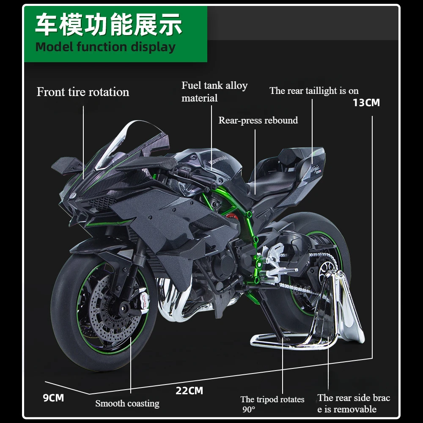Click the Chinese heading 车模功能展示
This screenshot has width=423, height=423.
[109, 25]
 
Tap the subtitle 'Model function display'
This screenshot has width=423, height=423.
[105, 47]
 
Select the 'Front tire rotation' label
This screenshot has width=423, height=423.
[83, 92]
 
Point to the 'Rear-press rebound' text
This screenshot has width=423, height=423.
[258, 120]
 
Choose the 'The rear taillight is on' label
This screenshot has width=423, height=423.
[314, 91]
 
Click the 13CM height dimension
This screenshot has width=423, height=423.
[366, 102]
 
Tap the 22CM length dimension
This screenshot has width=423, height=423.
[189, 390]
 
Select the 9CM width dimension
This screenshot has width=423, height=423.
[53, 398]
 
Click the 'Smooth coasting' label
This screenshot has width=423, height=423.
[127, 404]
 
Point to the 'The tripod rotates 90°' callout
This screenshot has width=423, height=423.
[272, 404]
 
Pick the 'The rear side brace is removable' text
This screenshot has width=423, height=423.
[354, 403]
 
